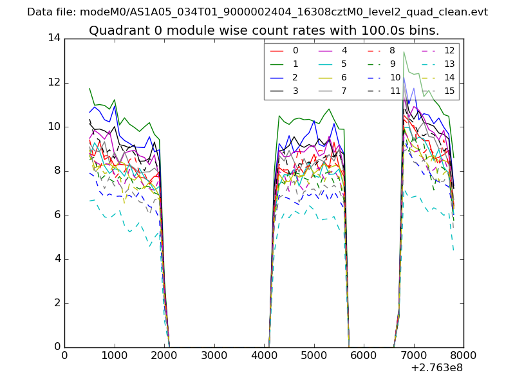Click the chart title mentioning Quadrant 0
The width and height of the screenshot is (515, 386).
(264, 30)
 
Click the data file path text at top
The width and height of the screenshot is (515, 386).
(257, 12)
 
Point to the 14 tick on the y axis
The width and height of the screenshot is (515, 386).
(53, 38)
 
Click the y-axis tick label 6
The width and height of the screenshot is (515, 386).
(57, 215)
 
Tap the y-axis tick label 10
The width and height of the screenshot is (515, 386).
(53, 127)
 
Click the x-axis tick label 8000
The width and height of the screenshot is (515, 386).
(463, 355)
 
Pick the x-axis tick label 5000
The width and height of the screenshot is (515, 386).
(314, 355)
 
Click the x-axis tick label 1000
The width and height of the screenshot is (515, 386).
(114, 355)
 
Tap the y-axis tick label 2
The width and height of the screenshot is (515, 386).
(57, 303)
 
